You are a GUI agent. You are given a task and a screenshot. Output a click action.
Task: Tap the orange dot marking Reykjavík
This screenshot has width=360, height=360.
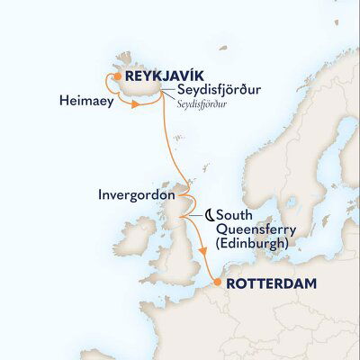pos(117,77)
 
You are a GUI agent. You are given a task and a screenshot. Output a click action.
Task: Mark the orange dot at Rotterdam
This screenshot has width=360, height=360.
pos(216,283)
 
